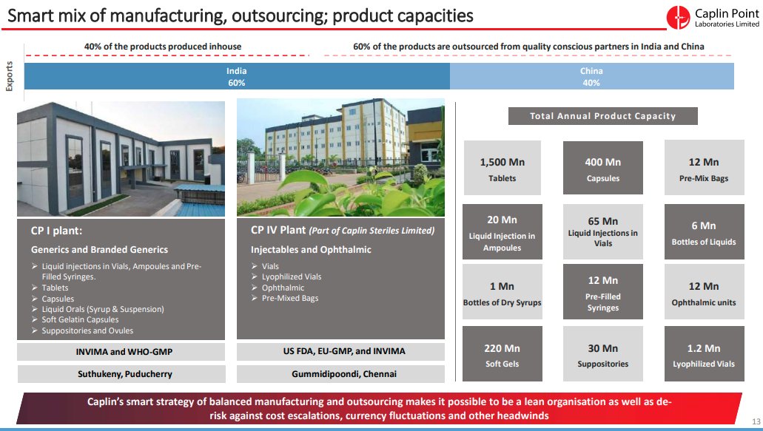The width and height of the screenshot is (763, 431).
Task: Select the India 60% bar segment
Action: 237,76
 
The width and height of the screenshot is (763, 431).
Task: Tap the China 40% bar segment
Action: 591,76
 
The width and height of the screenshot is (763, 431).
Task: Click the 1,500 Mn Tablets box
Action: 502,169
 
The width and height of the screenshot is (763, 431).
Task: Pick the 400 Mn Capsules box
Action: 602,169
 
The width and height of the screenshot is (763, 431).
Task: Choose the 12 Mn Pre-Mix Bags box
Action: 703,169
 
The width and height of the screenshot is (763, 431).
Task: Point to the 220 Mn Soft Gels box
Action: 502,355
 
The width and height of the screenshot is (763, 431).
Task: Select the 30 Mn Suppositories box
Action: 602,355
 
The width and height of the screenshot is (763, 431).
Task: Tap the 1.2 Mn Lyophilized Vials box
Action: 703,355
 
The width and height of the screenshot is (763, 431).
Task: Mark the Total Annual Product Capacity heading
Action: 602,116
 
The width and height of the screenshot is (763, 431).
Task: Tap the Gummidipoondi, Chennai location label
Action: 340,374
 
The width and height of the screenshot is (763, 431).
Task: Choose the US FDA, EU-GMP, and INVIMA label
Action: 340,351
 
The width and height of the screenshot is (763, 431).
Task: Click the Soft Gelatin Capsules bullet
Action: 80,320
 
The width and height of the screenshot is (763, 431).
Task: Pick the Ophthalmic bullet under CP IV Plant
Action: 283,288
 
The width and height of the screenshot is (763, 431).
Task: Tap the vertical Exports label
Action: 10,76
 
